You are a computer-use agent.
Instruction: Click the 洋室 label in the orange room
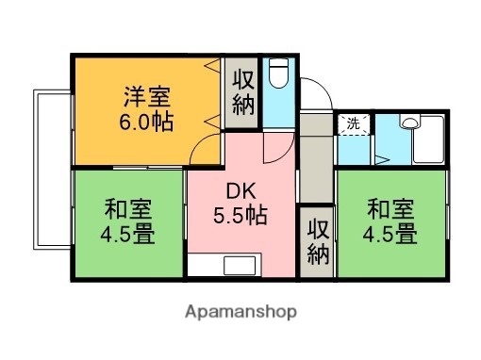pos(145,95)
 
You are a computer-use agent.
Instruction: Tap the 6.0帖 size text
pos(145,122)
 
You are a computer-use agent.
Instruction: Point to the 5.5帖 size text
pos(240,215)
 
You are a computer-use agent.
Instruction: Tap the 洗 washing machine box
pos(353,123)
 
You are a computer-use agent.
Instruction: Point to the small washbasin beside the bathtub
pos(408,122)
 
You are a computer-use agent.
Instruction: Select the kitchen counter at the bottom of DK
pos(240,265)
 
